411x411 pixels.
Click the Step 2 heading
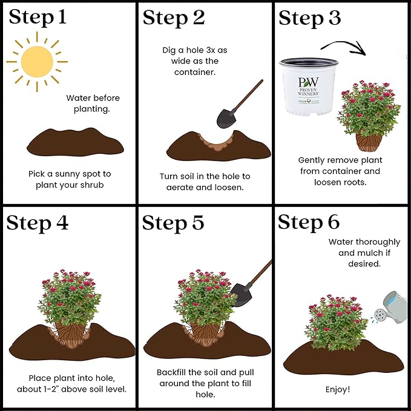(174, 18)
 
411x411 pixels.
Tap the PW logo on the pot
(308, 82)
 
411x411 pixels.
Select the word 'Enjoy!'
(342, 389)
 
